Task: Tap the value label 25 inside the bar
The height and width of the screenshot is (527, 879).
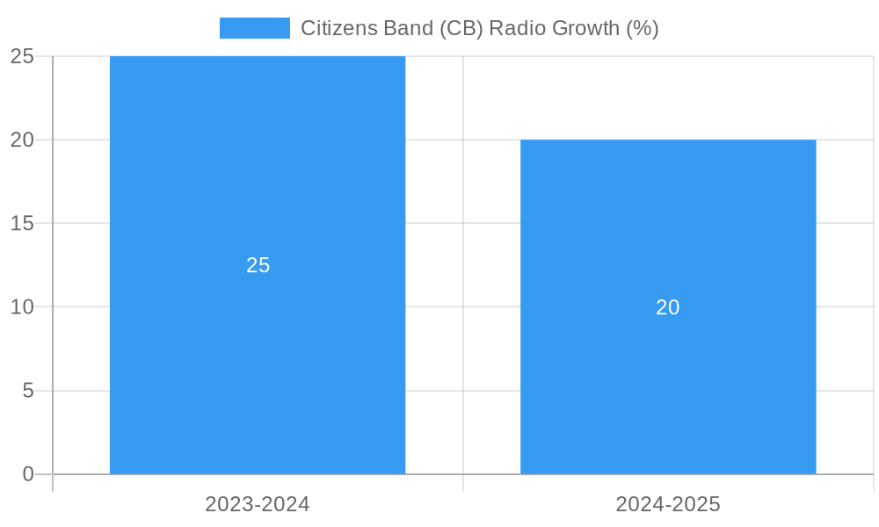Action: point(258,265)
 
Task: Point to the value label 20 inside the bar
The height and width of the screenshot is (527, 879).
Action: point(668,307)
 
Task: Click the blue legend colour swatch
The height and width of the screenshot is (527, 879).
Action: point(254,28)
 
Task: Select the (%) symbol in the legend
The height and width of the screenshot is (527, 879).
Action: point(642,28)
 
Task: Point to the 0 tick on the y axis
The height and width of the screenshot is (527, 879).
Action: point(28,474)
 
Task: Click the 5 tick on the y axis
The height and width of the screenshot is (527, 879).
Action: point(28,391)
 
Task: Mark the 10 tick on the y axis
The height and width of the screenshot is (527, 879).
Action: point(22,307)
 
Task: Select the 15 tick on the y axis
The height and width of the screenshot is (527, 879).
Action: point(22,224)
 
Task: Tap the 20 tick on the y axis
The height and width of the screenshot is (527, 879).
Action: point(22,141)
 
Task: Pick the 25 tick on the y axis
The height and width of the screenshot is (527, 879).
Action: point(22,57)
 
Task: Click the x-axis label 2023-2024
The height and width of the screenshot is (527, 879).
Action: point(258,504)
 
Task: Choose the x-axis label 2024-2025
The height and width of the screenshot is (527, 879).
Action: point(668,504)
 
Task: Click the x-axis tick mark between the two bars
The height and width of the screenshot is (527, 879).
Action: point(463,483)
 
